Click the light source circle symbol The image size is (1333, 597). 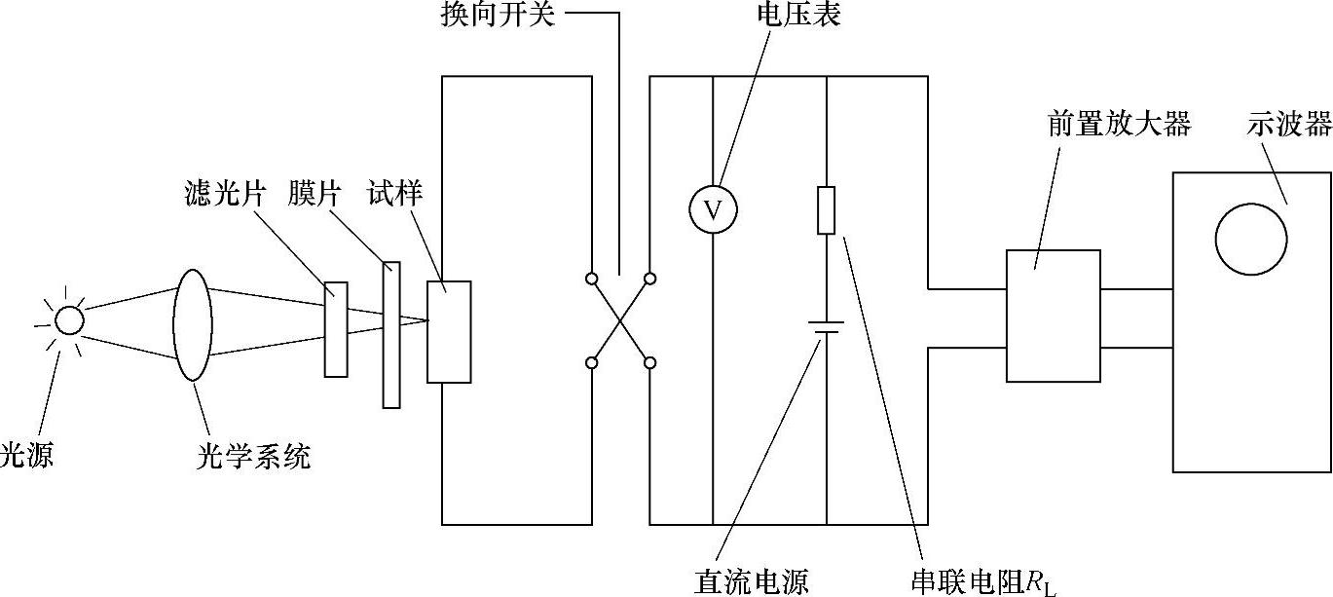[69, 320]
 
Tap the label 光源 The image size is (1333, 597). [26, 455]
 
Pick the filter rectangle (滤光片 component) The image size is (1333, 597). [336, 329]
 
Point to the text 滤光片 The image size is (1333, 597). [224, 194]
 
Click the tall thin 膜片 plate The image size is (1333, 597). [391, 334]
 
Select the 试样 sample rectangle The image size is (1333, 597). [449, 331]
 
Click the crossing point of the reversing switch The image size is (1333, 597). [620, 321]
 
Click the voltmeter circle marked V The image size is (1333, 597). [713, 210]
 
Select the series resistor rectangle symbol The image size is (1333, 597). [826, 210]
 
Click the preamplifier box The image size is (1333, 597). [1053, 316]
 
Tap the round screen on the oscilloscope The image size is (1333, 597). [1251, 240]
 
